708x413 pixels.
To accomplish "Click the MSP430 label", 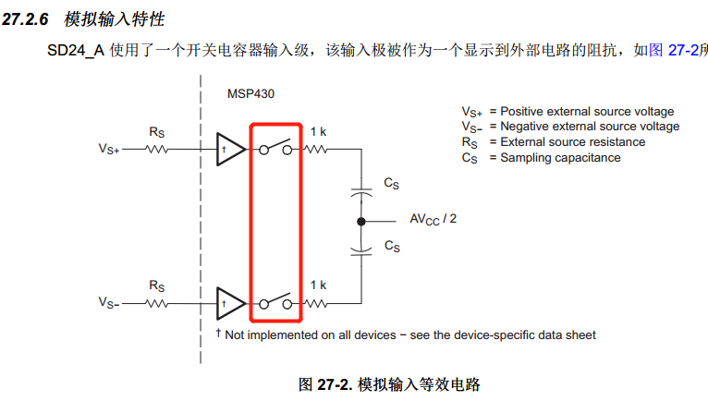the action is tap(250, 94).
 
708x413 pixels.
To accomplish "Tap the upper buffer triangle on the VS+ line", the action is tap(230, 149).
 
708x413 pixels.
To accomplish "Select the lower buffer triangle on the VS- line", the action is tap(230, 304).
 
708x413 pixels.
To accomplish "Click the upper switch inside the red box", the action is tap(275, 147).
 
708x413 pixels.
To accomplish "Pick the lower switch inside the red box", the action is tap(275, 301).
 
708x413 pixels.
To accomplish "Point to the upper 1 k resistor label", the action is tap(318, 132).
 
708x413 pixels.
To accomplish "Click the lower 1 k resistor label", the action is tap(318, 285).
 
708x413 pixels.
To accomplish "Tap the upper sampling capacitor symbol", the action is tap(361, 193).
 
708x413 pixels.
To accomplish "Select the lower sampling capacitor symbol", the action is tap(361, 251).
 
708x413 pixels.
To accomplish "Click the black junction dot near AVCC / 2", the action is tap(361, 222).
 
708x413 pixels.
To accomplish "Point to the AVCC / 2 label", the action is tap(433, 219).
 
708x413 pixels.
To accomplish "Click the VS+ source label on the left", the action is tap(109, 149).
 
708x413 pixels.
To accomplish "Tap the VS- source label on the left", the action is tap(109, 302).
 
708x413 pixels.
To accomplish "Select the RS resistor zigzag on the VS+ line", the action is tap(157, 149).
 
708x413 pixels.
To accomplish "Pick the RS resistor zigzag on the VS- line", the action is tap(157, 304).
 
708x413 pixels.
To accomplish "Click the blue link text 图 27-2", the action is tap(674, 50).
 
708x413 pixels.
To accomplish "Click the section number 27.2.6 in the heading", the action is tap(25, 19).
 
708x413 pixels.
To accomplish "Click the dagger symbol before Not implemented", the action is tap(218, 334).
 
